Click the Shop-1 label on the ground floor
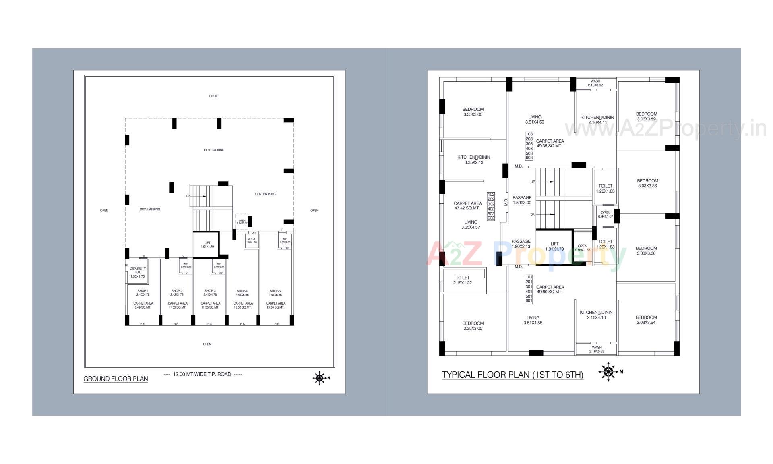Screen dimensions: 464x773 coord(143,292)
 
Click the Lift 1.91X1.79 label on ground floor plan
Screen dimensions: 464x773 coord(207,244)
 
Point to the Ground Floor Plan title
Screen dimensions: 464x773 coord(116,379)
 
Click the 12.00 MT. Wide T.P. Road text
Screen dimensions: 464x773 coord(202,374)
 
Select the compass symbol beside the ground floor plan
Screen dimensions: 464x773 coord(320,378)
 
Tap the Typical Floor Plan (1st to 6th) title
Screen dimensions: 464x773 coord(513,375)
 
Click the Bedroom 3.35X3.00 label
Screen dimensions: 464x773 coord(473,112)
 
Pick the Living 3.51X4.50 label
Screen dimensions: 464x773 coord(535,119)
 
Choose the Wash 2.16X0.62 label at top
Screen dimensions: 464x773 coord(595,83)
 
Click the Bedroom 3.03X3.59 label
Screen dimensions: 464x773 coord(647,116)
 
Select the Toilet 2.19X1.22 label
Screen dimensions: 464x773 coord(463,280)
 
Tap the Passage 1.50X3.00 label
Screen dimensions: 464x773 coord(522,200)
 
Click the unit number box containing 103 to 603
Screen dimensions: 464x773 coord(529,146)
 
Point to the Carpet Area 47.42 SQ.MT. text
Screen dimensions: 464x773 coord(467,206)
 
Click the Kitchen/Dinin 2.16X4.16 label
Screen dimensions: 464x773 coord(596,315)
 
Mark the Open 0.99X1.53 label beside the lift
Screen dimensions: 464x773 coord(583,248)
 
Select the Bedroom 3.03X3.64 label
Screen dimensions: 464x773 coord(646,320)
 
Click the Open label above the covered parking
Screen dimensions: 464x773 coord(213,96)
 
